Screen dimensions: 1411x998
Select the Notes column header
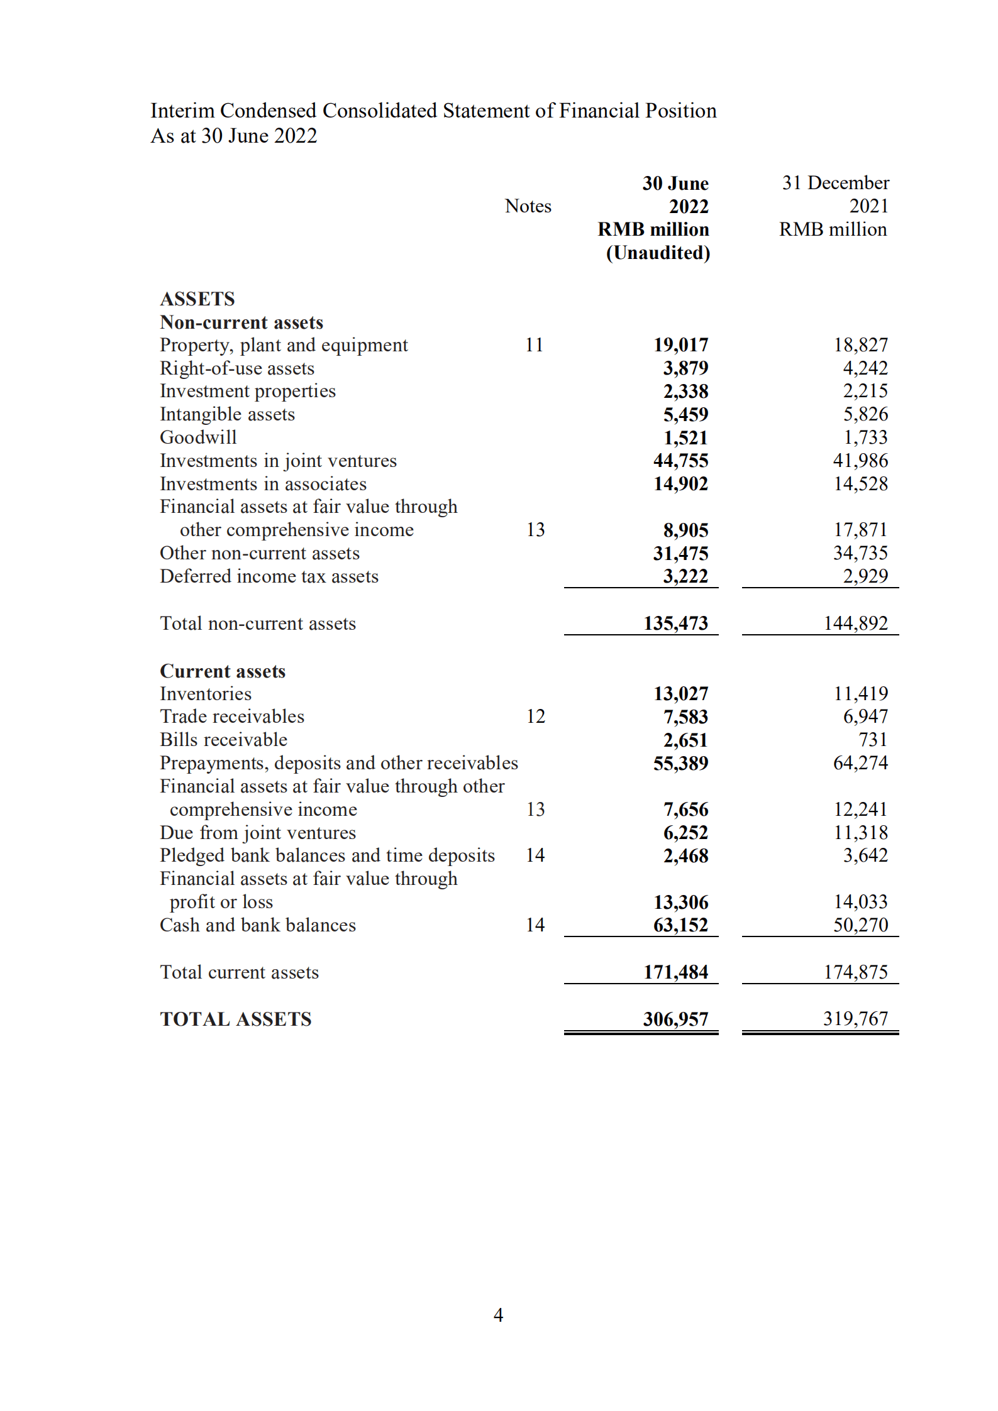[x=528, y=206]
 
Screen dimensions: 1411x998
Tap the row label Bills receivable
[x=223, y=740]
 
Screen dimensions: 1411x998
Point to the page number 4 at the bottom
[x=498, y=1315]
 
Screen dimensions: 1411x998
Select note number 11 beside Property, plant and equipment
[x=534, y=345]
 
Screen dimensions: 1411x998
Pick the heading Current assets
[x=223, y=671]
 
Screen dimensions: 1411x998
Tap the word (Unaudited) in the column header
[x=658, y=253]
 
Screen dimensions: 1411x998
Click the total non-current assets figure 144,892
[x=855, y=623]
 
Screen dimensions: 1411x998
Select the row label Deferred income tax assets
[x=269, y=576]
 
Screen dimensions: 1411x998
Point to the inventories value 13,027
[x=680, y=694]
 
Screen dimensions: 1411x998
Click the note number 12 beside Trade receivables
[x=535, y=716]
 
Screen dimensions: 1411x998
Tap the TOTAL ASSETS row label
[x=236, y=1019]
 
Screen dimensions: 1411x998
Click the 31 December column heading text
[x=835, y=183]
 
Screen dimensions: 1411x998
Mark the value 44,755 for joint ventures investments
[x=680, y=461]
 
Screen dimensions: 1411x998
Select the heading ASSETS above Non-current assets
[x=197, y=299]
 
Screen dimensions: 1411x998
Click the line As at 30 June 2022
[x=234, y=136]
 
